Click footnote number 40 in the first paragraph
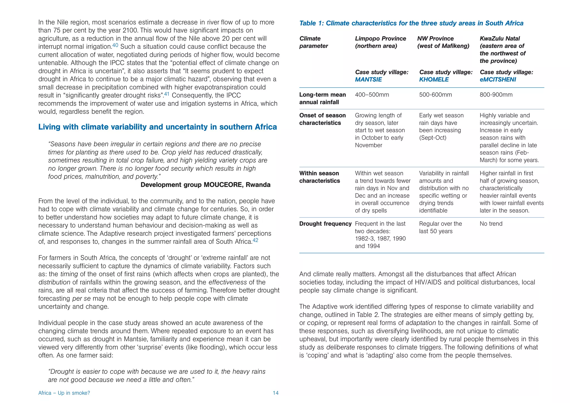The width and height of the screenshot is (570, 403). (x=115, y=45)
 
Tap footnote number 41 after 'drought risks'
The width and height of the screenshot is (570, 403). (x=166, y=94)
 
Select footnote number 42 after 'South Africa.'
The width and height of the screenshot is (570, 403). (x=255, y=240)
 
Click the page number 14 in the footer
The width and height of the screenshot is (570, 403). (x=276, y=393)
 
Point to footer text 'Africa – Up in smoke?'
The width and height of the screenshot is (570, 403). (x=64, y=393)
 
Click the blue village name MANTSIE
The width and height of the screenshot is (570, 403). (x=368, y=80)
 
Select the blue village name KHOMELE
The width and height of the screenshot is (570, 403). (x=434, y=80)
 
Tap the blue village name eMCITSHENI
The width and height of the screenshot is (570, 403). (x=498, y=80)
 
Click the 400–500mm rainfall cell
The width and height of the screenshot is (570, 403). (x=372, y=95)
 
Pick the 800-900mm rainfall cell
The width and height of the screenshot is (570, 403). (x=496, y=95)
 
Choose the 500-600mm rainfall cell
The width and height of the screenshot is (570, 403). (x=435, y=95)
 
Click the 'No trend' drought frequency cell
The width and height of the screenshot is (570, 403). (x=491, y=224)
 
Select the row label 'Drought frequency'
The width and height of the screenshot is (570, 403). (x=325, y=224)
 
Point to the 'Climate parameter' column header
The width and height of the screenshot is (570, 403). (x=313, y=42)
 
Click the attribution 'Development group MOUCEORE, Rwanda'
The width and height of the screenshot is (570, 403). (x=205, y=185)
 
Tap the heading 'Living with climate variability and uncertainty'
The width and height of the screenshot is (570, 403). (x=158, y=127)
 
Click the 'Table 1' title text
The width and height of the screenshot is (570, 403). (x=411, y=23)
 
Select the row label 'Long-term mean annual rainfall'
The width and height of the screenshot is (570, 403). (x=322, y=99)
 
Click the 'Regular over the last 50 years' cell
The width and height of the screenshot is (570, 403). (x=440, y=227)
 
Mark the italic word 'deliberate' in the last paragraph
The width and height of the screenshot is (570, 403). (x=340, y=347)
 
